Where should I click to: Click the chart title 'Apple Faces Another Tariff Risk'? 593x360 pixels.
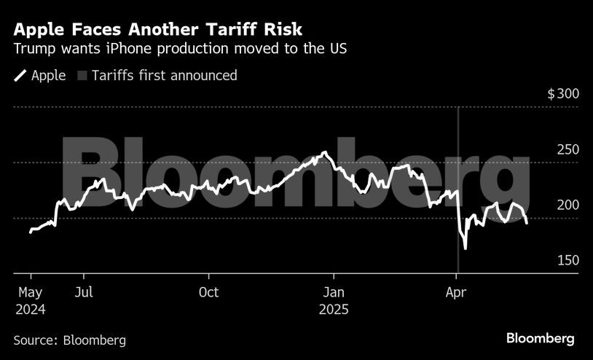pos(158,30)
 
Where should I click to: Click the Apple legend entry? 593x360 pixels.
pos(41,75)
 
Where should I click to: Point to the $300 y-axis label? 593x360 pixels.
pos(562,94)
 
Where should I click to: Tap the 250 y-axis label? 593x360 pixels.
pos(568,149)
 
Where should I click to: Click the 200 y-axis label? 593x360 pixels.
pos(568,205)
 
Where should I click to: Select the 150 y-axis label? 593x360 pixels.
pos(568,260)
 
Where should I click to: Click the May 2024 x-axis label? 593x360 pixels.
pos(30,300)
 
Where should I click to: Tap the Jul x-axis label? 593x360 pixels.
pos(84,293)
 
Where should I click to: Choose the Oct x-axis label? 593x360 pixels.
pos(208,293)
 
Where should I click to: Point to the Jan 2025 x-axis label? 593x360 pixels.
pos(334,300)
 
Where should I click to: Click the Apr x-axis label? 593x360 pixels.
pos(456,293)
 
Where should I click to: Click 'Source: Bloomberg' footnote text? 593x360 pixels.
pos(70,340)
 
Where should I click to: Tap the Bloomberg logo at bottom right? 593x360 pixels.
pos(541,339)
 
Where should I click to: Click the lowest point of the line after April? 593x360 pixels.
pos(465,249)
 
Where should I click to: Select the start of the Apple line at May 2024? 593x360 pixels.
pos(31,232)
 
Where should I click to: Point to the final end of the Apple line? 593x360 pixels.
pos(527,223)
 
